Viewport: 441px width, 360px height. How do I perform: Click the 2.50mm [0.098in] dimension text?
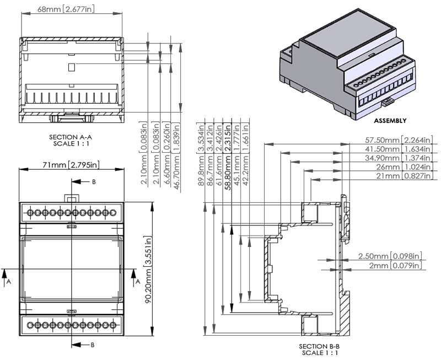(390, 256)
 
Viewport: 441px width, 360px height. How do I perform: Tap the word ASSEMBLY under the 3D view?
(390, 120)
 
